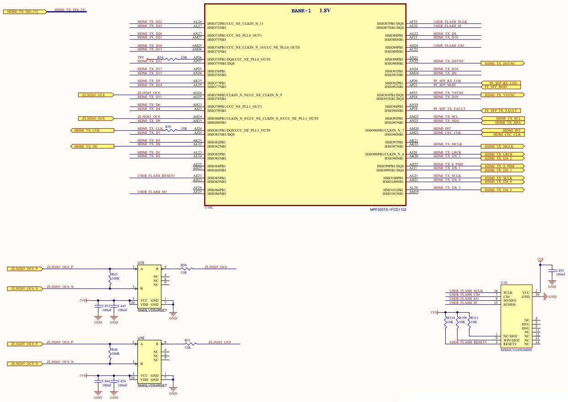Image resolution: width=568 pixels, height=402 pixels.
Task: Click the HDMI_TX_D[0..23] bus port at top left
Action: [24, 11]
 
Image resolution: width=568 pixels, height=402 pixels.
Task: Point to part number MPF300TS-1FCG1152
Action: [388, 209]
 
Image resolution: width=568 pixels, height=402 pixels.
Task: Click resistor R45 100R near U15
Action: [110, 278]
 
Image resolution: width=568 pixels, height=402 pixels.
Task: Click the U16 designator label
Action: [141, 338]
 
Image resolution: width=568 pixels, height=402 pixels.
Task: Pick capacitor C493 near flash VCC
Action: [552, 271]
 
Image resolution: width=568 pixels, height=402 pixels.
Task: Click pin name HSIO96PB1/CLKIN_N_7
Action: [384, 131]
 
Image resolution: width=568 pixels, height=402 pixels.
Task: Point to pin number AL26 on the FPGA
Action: [197, 22]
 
